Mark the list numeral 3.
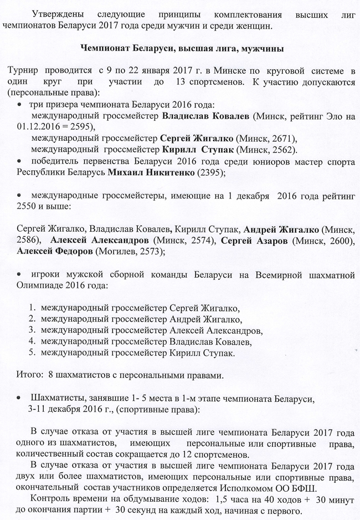(32, 330)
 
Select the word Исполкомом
(248, 488)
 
